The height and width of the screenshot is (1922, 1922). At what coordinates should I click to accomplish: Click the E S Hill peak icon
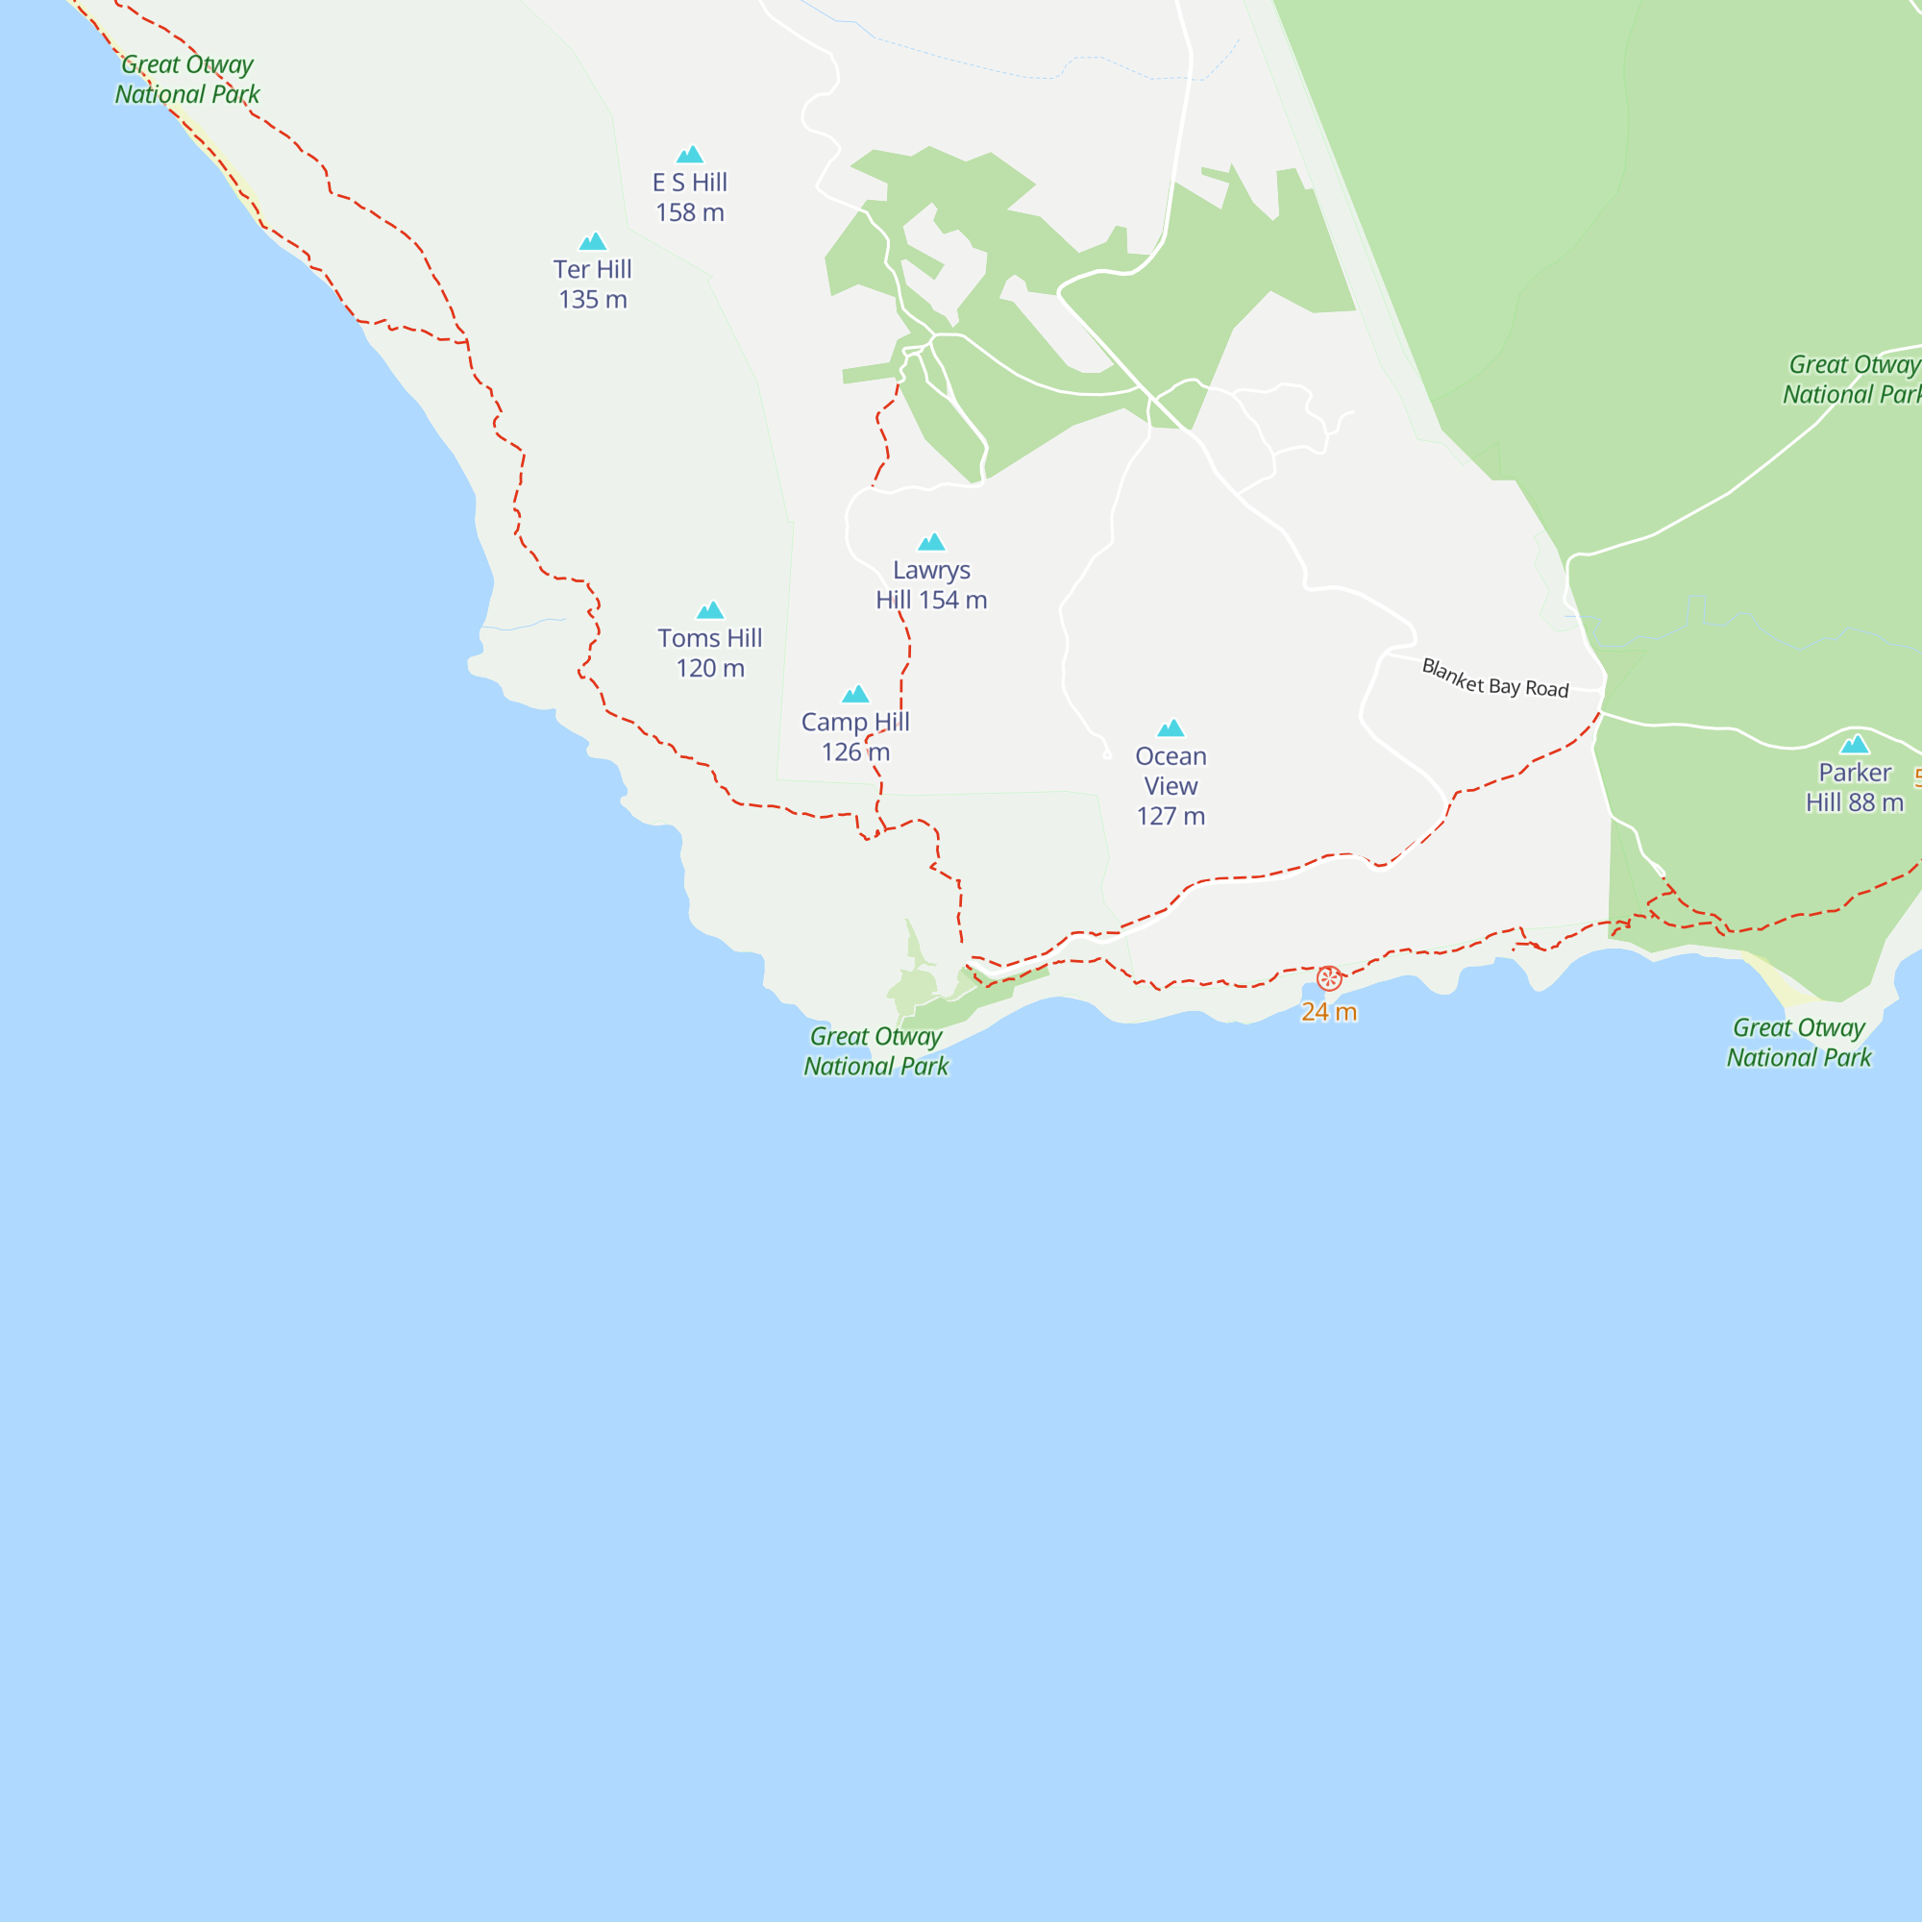click(x=689, y=155)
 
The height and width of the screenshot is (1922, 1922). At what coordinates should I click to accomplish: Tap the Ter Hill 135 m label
click(x=592, y=284)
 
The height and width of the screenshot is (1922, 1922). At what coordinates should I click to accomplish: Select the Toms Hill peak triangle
click(x=709, y=611)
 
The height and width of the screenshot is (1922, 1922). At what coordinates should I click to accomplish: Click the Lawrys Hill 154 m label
click(x=931, y=585)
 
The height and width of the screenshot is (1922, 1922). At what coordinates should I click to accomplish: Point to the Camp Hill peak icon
click(x=855, y=695)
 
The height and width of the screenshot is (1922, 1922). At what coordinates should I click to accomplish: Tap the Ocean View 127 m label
click(x=1170, y=786)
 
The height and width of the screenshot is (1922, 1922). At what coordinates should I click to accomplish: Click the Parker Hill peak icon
click(x=1854, y=744)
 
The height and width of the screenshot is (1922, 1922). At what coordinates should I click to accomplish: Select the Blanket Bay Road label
click(x=1494, y=678)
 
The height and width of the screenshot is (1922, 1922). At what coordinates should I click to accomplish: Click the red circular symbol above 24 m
click(x=1328, y=979)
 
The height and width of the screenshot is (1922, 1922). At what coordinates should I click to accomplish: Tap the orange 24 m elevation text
click(x=1328, y=1012)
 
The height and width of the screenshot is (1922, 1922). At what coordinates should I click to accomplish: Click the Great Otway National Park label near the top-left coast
click(x=187, y=80)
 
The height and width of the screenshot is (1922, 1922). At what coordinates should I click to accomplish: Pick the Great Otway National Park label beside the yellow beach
click(x=1798, y=1043)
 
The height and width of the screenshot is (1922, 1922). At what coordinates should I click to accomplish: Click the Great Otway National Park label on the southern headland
click(x=875, y=1051)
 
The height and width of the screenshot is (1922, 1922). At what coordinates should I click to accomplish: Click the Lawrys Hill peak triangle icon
click(x=931, y=542)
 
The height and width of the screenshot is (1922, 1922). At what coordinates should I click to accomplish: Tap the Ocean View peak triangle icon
click(x=1170, y=728)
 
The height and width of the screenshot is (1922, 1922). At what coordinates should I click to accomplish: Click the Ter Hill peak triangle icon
click(x=592, y=242)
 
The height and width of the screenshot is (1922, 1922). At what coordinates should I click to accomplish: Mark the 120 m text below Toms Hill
click(x=709, y=669)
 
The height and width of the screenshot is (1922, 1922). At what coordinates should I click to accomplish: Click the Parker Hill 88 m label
click(x=1854, y=788)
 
